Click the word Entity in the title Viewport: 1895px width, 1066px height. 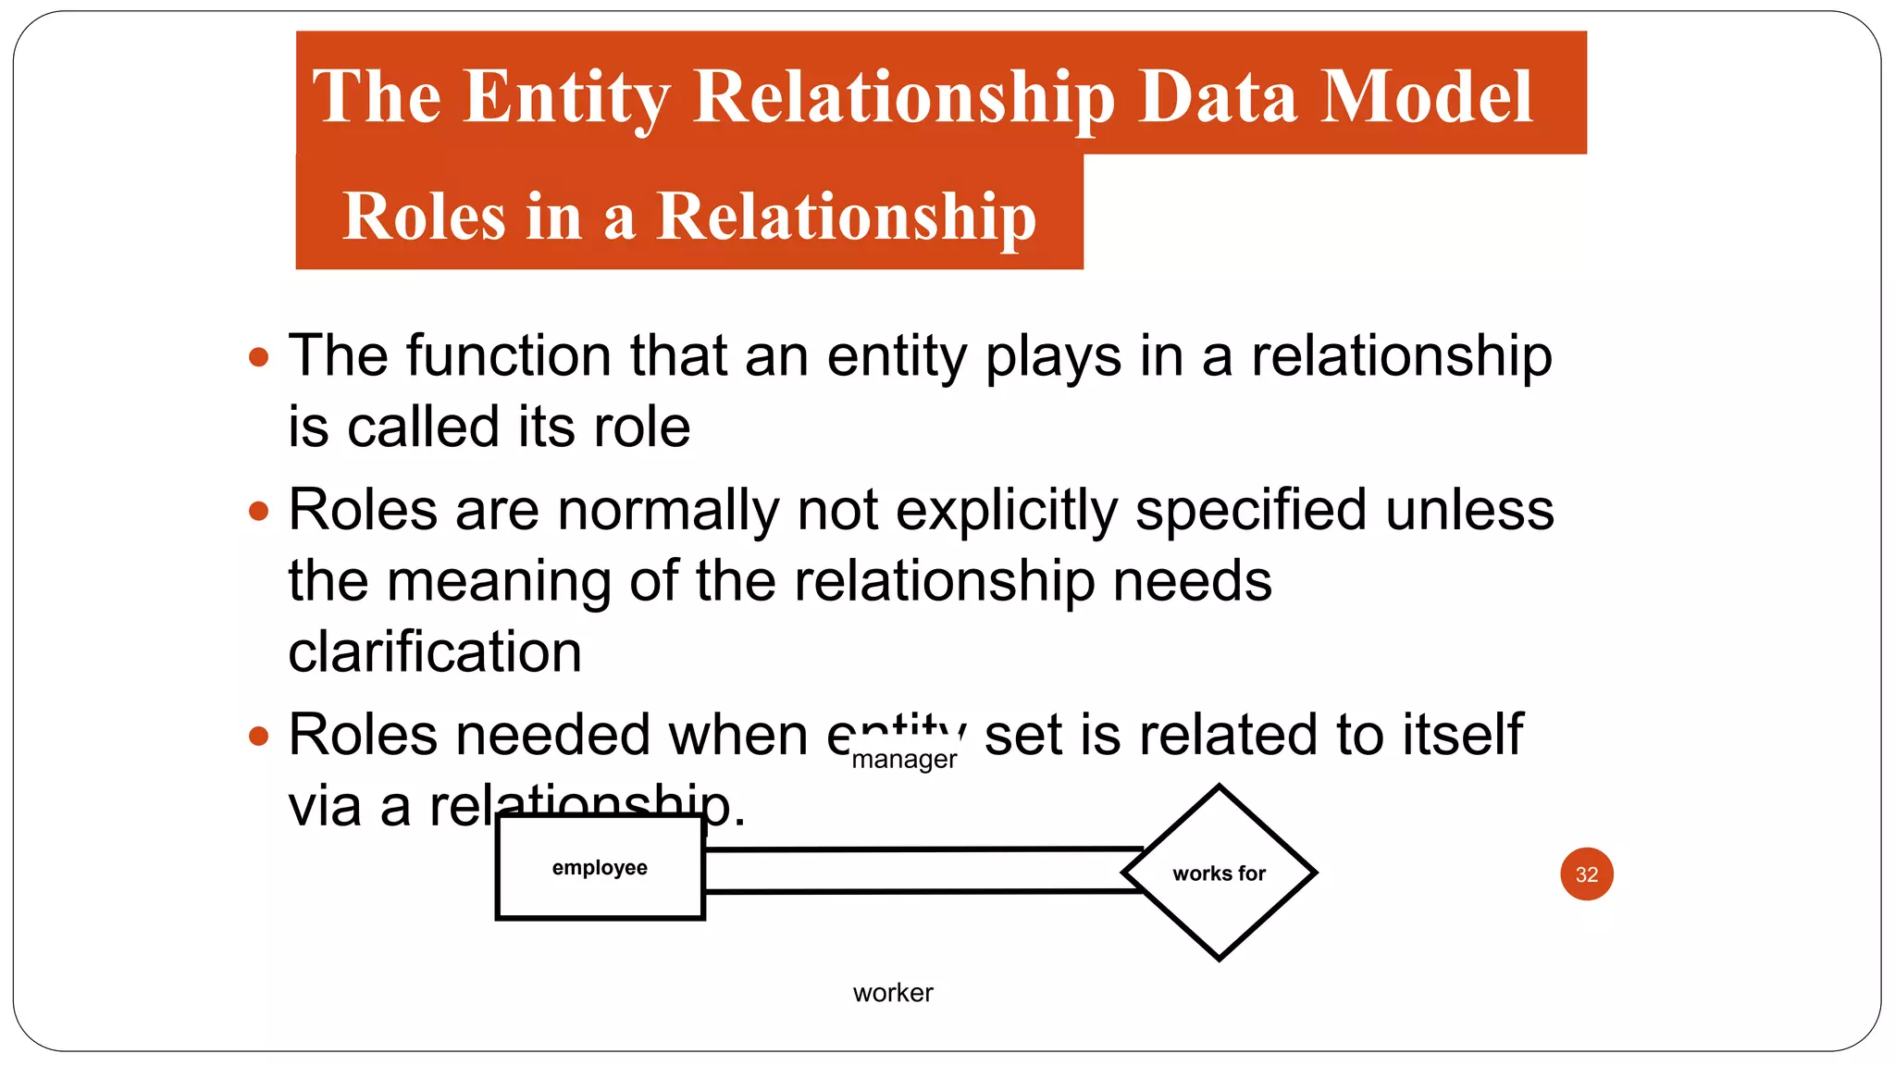(x=565, y=96)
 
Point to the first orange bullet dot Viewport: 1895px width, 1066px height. (x=259, y=357)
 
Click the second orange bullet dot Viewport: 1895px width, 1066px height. (x=259, y=511)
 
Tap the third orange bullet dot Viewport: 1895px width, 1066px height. (x=259, y=737)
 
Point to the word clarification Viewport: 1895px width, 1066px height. (x=435, y=651)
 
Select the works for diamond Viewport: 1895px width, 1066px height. (x=1219, y=873)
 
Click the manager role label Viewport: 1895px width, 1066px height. (x=903, y=760)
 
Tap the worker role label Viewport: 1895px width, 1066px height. (x=893, y=993)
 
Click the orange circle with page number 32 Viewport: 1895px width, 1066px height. (x=1586, y=874)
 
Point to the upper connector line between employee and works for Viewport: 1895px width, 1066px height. (x=925, y=849)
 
